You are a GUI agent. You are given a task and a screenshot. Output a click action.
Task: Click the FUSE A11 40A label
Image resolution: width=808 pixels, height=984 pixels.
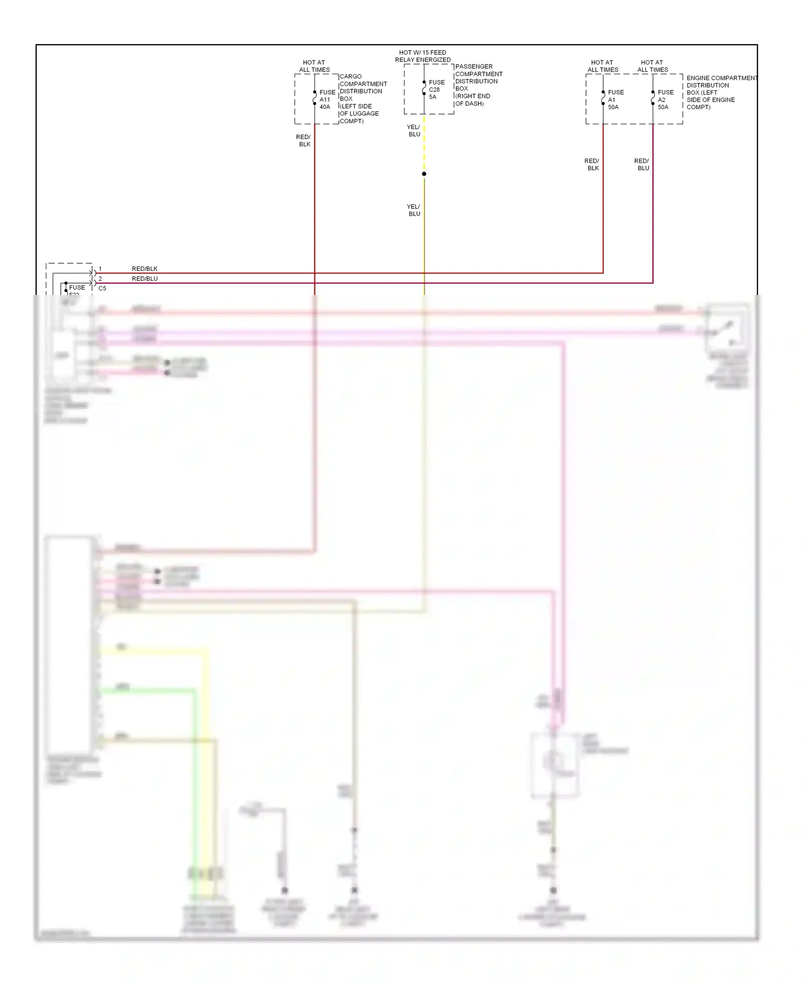[x=327, y=100]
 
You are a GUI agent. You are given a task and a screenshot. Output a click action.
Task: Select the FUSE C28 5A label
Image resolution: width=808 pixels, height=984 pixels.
[x=436, y=89]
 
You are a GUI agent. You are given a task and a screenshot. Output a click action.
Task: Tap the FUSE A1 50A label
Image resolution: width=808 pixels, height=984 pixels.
[x=616, y=100]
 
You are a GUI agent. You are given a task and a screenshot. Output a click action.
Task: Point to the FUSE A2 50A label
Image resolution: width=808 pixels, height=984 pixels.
[x=665, y=100]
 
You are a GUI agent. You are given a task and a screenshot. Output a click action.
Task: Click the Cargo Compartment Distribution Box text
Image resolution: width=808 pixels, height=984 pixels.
[x=363, y=99]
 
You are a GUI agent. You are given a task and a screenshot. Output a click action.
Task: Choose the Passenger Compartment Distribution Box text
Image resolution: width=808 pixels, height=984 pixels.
[x=478, y=85]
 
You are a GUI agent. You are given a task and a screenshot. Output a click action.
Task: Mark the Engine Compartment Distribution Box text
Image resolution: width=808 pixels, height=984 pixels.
[x=721, y=93]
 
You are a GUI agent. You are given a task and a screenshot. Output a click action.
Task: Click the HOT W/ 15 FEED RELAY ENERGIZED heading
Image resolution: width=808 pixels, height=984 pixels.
[x=423, y=56]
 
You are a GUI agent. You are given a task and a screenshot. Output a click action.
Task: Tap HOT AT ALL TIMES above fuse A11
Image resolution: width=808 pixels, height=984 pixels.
[x=314, y=66]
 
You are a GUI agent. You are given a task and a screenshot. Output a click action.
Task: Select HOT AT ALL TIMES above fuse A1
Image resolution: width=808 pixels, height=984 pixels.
[x=603, y=66]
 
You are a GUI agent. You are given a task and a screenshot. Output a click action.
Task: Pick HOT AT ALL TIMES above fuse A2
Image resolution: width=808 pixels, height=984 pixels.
[x=652, y=66]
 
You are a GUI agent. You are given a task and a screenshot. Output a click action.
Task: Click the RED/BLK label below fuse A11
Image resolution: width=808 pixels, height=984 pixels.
[x=304, y=140]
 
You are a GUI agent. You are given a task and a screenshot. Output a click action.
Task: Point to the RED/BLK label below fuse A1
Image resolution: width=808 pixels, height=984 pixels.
[x=592, y=164]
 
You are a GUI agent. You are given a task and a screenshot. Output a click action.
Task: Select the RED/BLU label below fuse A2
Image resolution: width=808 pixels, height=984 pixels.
[x=642, y=164]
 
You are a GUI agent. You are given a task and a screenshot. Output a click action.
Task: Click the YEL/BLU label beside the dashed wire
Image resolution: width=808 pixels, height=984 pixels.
[x=414, y=131]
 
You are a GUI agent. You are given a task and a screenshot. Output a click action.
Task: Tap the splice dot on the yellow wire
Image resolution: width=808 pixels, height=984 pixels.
[x=424, y=174]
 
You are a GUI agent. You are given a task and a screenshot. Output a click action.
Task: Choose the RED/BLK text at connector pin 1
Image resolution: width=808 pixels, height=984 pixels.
[x=144, y=269]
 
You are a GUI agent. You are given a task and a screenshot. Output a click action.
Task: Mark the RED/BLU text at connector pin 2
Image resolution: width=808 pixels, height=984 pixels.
[x=144, y=279]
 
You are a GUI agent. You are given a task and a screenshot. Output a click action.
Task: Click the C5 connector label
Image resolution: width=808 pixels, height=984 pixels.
[x=102, y=289]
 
